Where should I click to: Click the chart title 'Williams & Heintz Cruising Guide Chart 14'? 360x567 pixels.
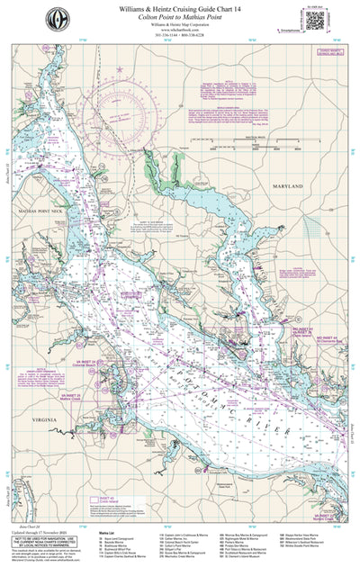click(x=179, y=8)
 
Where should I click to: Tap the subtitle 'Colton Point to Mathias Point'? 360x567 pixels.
click(x=179, y=17)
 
